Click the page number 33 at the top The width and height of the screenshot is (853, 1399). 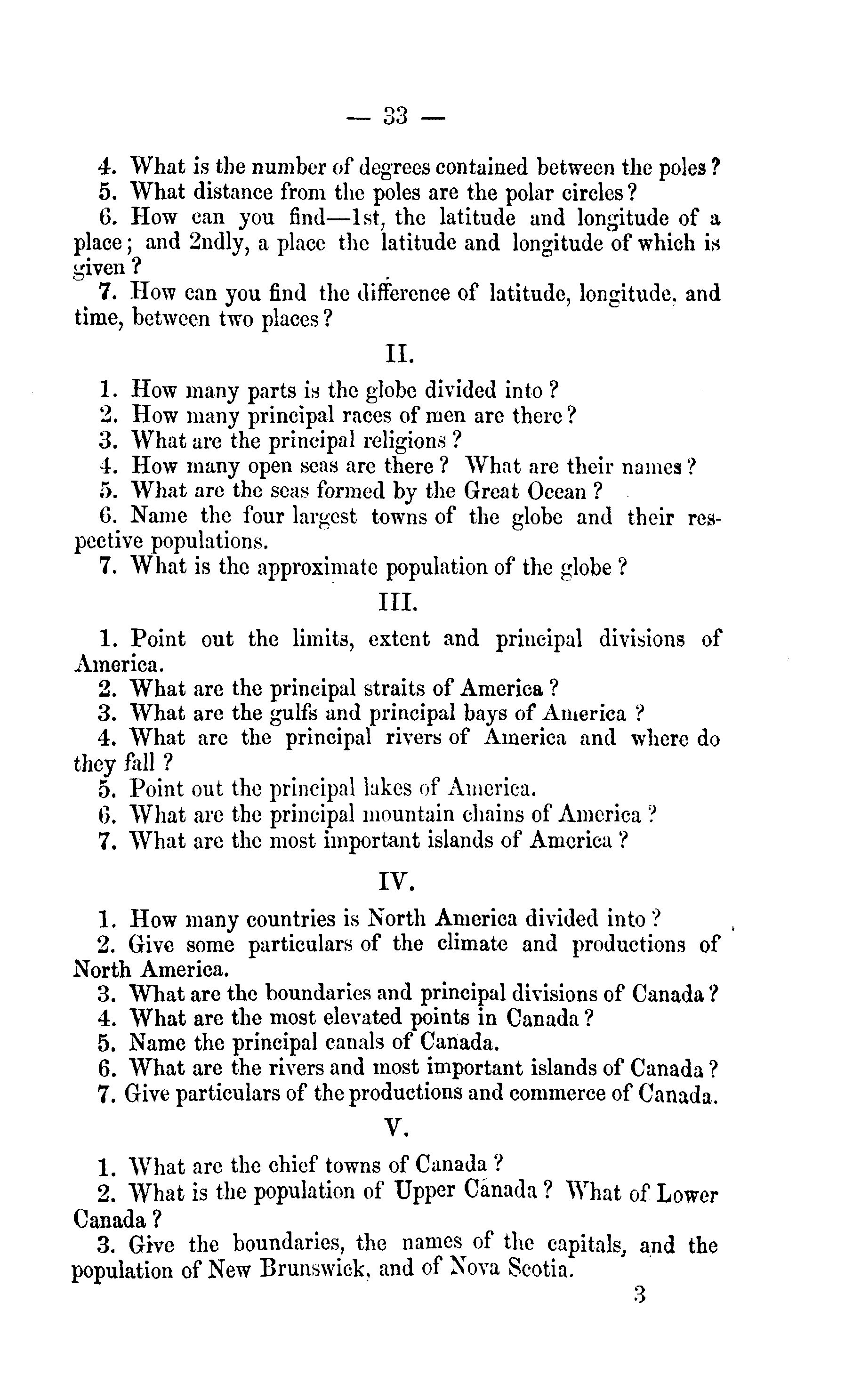(396, 116)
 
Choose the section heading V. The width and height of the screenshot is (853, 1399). (397, 1129)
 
